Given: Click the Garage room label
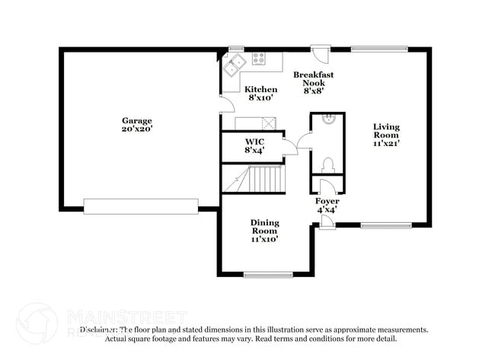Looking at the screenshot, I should pyautogui.click(x=137, y=120).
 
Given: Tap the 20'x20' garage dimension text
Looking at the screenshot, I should pyautogui.click(x=137, y=129).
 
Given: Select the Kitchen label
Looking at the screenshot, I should pyautogui.click(x=260, y=89).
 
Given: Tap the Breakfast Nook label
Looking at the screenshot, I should pyautogui.click(x=314, y=79).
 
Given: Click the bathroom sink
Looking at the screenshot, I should pyautogui.click(x=327, y=119).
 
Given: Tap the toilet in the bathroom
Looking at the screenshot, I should pyautogui.click(x=327, y=165).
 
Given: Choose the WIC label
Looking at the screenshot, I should pyautogui.click(x=254, y=142).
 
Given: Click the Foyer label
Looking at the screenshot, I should pyautogui.click(x=327, y=201).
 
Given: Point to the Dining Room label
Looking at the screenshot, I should pyautogui.click(x=265, y=226).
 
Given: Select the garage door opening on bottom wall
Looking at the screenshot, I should pyautogui.click(x=141, y=205).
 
